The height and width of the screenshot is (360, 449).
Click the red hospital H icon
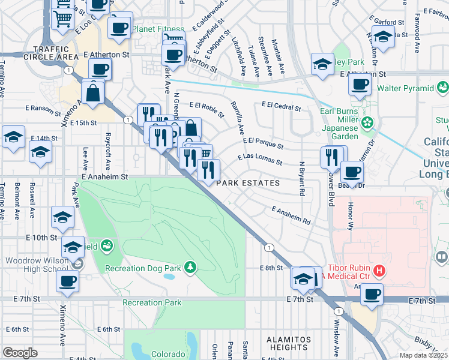pyautogui.click(x=379, y=271)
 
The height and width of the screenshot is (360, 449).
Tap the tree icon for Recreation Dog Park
pyautogui.click(x=190, y=266)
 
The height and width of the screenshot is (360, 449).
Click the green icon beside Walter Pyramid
pyautogui.click(x=443, y=88)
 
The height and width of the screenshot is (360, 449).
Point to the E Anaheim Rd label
pyautogui.click(x=291, y=215)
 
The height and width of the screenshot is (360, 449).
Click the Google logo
pyautogui.click(x=20, y=353)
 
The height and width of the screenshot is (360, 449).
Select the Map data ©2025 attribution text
pyautogui.click(x=423, y=355)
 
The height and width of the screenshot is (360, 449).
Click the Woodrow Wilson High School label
pyautogui.click(x=37, y=265)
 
